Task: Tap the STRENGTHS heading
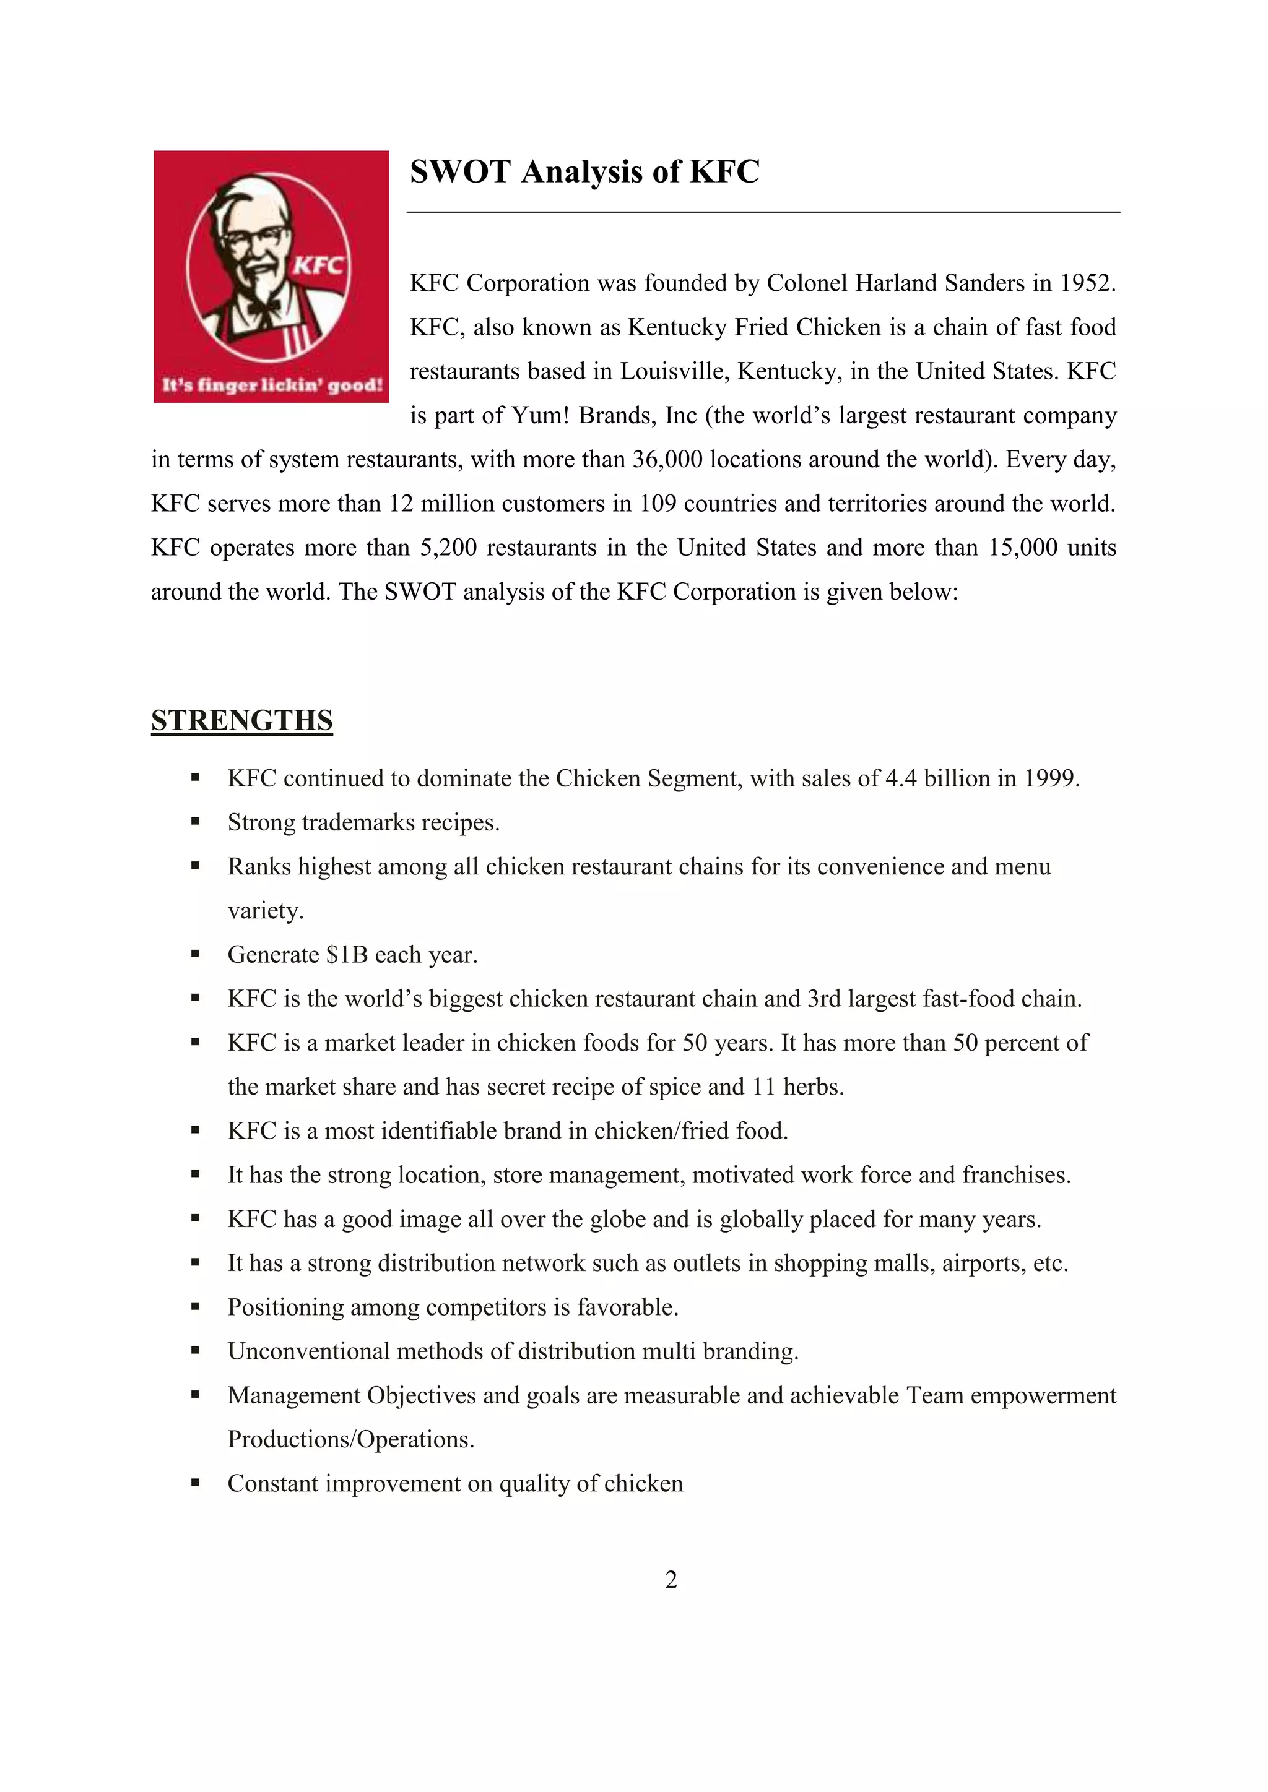241,720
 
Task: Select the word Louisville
674,371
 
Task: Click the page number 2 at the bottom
671,1579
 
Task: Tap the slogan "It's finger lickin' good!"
272,384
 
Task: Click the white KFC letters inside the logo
319,265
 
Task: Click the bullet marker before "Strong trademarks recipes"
195,822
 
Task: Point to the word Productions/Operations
350,1440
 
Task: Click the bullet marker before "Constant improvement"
195,1483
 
